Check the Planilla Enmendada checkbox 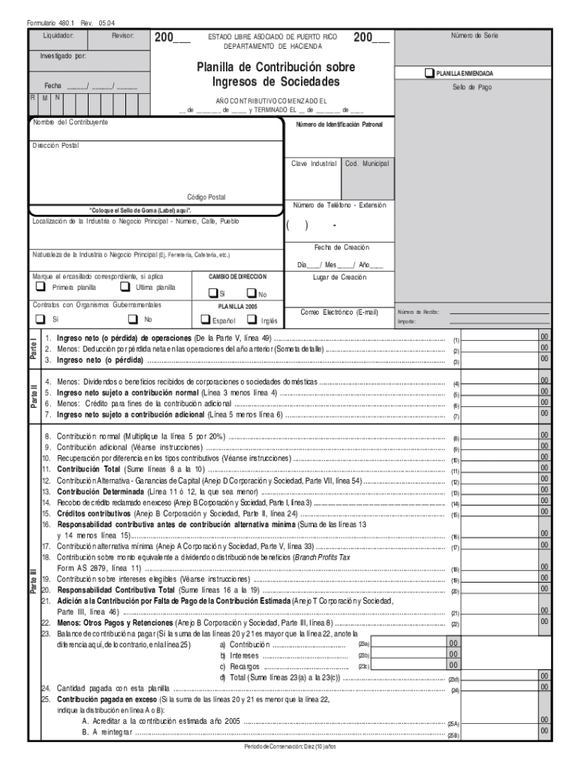429,74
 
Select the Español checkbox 204,320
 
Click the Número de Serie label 474,36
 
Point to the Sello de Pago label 472,87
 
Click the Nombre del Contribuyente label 70,122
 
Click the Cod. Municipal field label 367,163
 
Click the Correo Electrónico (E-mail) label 339,312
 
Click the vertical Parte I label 33,347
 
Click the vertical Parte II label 33,398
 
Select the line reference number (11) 455,471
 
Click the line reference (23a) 363,644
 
